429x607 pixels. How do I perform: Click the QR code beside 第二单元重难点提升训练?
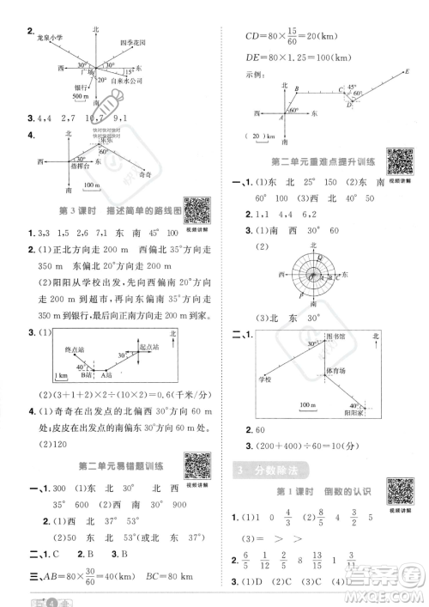396,160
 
